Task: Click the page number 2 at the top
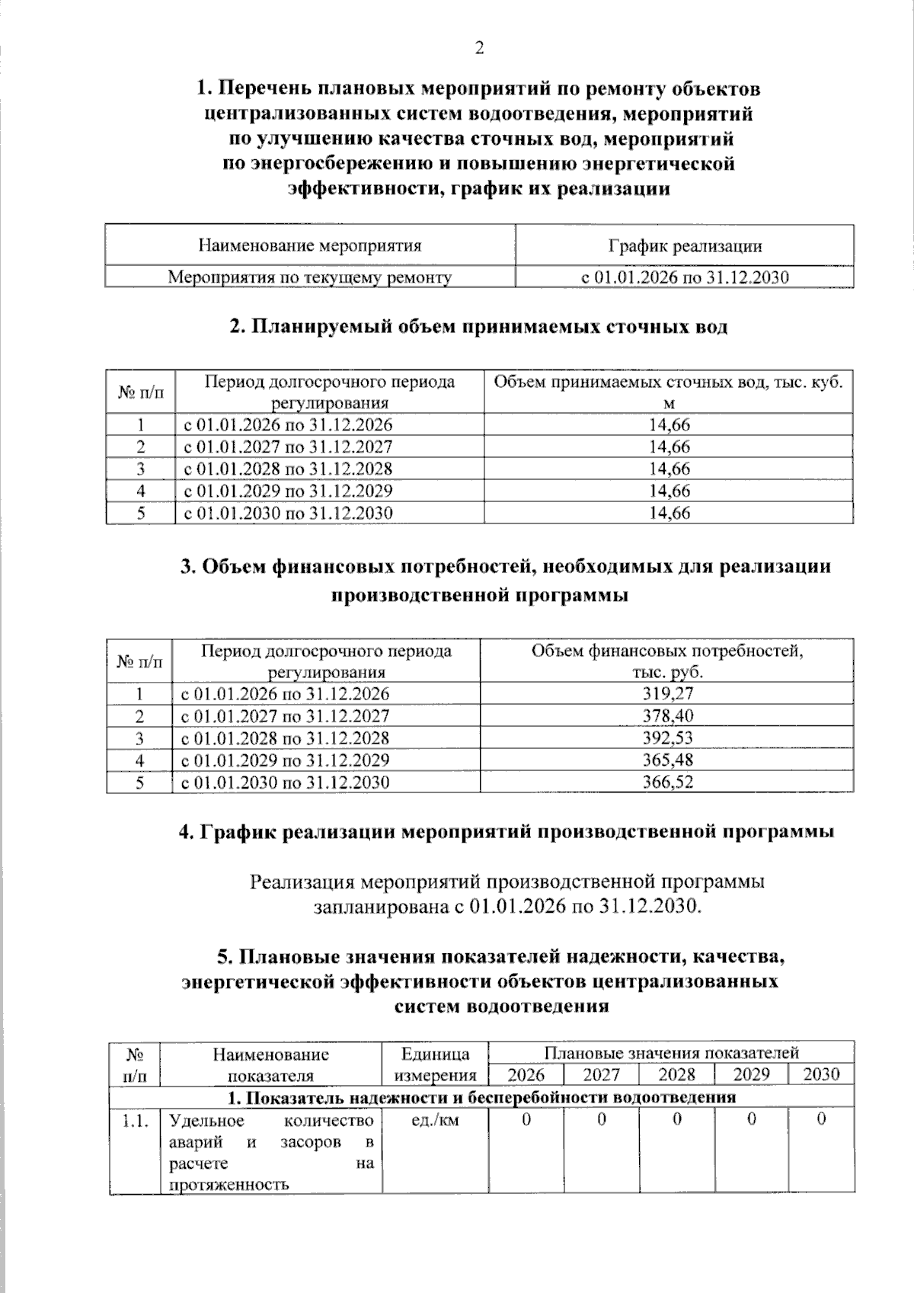click(479, 49)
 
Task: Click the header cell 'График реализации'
click(684, 246)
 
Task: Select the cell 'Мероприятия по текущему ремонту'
click(309, 277)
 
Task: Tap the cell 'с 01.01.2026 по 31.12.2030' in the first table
click(684, 277)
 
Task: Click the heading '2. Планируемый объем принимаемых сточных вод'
click(478, 327)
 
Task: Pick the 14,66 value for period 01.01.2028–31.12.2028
click(669, 469)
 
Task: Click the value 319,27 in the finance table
click(667, 693)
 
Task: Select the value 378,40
click(667, 715)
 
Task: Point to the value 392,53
click(667, 738)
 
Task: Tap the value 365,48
click(667, 760)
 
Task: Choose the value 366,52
click(667, 782)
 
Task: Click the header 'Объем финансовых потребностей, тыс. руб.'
click(666, 661)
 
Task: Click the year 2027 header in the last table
click(601, 1074)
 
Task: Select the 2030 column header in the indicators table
click(821, 1074)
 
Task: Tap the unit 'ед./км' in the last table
click(434, 1120)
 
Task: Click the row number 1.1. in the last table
click(135, 1120)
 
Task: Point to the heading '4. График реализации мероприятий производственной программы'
click(506, 831)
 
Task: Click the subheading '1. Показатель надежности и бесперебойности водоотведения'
click(481, 1097)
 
